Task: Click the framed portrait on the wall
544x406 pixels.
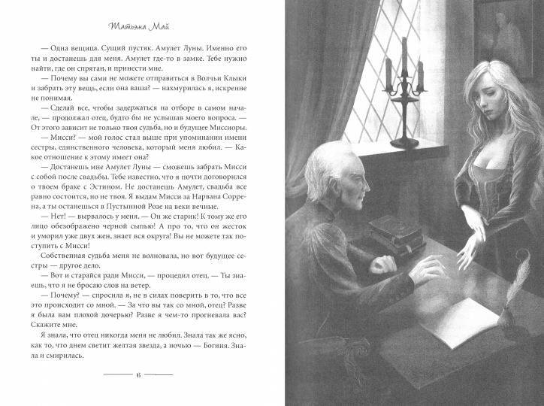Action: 518,30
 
